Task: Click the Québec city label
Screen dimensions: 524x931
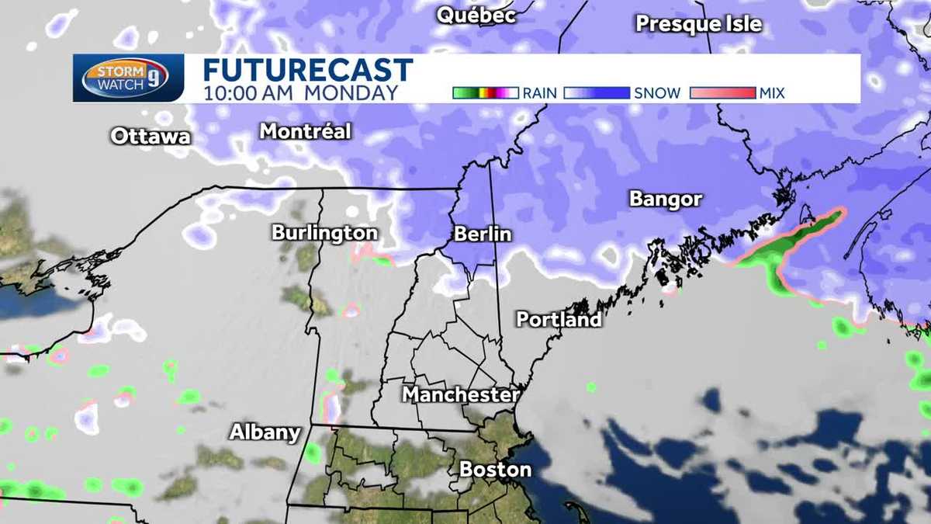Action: point(476,16)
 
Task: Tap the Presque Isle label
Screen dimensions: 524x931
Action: point(698,24)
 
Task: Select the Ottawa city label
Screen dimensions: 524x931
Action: point(150,137)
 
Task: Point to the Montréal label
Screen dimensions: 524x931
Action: point(305,131)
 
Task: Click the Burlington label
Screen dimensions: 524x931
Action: point(324,233)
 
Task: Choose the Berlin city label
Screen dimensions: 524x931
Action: point(483,234)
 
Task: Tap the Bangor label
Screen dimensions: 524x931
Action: point(665,200)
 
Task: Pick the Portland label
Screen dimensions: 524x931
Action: point(559,319)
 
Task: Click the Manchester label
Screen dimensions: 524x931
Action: point(460,394)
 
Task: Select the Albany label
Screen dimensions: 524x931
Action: point(264,432)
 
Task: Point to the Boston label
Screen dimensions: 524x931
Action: point(495,469)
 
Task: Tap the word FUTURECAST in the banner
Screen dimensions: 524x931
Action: point(308,70)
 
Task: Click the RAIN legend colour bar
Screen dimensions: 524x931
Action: point(485,93)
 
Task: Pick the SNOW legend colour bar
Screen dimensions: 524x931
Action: point(596,93)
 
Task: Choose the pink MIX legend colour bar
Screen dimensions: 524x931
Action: point(722,93)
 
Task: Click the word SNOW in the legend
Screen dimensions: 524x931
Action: point(657,93)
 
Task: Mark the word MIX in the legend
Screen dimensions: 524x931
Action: point(773,93)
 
